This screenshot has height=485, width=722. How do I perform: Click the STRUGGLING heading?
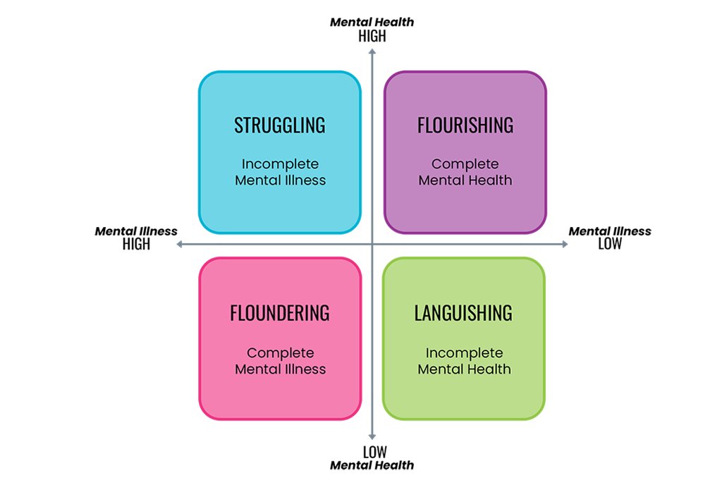(x=280, y=125)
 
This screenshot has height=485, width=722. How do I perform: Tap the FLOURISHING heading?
(x=465, y=125)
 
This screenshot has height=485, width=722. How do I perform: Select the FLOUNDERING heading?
(x=280, y=313)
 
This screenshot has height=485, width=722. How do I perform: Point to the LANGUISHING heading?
(x=463, y=313)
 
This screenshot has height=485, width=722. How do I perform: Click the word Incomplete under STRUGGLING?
(x=280, y=164)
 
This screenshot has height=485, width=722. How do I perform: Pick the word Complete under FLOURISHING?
(x=465, y=164)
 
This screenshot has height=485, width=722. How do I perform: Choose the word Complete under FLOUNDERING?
(x=280, y=353)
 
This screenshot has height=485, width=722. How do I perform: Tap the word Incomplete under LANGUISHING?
(x=464, y=353)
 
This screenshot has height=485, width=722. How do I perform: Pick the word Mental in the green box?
(x=440, y=369)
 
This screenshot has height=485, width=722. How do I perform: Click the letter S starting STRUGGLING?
(x=238, y=125)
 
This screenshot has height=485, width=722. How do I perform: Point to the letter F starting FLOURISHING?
(x=421, y=125)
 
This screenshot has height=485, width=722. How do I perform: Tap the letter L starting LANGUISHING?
(x=417, y=313)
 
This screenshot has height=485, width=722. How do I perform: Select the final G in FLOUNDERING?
(x=325, y=313)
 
